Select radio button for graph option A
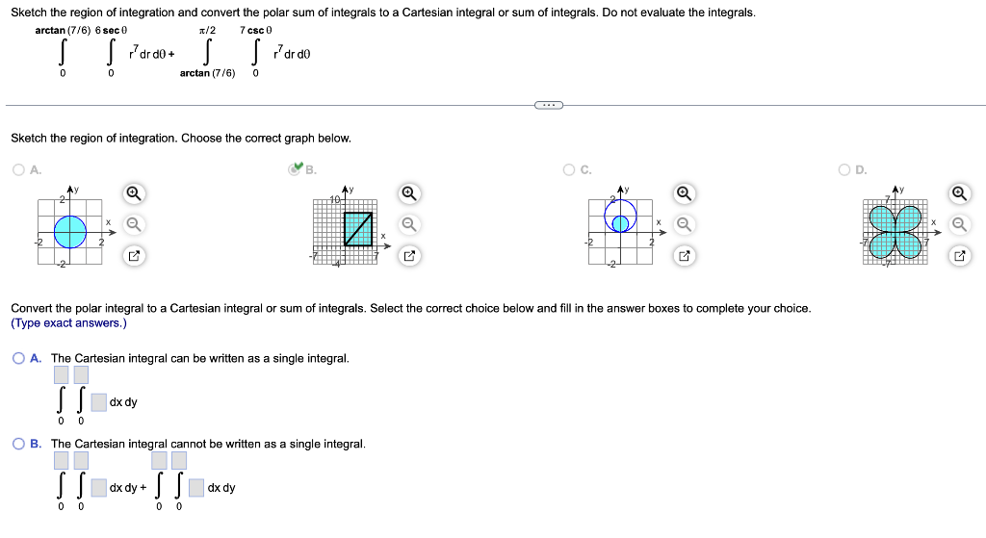tap(19, 170)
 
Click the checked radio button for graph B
tap(296, 170)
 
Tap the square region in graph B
tap(358, 228)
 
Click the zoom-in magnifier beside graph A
tap(134, 193)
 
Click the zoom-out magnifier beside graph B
tap(409, 224)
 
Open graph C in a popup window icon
tap(685, 256)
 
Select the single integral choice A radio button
tap(19, 358)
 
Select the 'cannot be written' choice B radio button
tap(19, 444)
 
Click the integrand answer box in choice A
tap(99, 402)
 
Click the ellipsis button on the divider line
tap(549, 105)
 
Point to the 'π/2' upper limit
tap(206, 31)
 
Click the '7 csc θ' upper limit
tap(258, 31)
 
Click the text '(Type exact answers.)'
tap(68, 323)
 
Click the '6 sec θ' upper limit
tap(112, 31)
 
